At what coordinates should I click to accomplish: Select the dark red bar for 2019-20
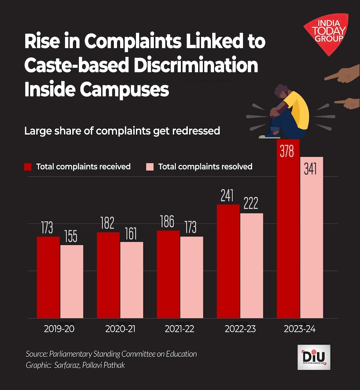coord(48,277)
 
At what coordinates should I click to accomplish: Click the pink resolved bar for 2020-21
coord(132,280)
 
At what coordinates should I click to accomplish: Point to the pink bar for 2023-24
coord(312,237)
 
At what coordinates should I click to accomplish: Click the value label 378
coord(288,152)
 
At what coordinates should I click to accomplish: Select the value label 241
coord(228,196)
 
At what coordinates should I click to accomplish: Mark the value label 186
coord(168,221)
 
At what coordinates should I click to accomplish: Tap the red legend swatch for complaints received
coord(28,167)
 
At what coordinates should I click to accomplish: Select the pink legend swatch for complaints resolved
coord(149,167)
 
